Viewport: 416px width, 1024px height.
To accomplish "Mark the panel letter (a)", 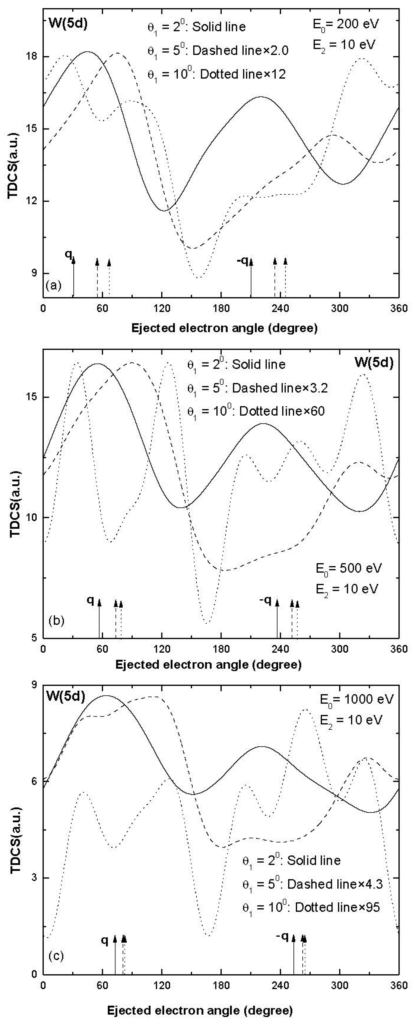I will tap(54, 285).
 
